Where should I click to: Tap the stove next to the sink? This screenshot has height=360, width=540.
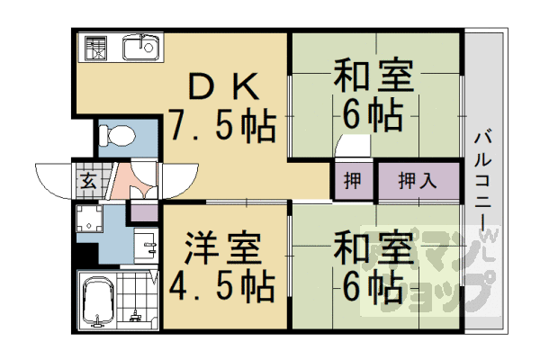94,47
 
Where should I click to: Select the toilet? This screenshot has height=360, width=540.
116,135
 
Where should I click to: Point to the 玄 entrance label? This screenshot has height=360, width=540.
88,177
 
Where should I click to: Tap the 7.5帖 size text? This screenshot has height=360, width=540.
221,127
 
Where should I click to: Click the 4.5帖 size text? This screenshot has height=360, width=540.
221,286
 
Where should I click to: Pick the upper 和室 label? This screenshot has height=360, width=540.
373,76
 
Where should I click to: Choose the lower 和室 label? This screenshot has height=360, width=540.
373,246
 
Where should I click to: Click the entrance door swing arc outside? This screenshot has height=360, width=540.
52,176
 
